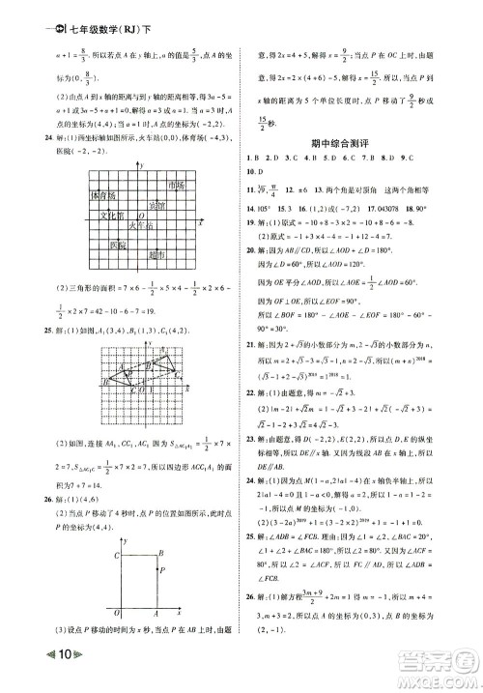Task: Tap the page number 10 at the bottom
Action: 65,674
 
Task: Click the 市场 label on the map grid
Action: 175,185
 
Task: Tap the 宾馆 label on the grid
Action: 156,205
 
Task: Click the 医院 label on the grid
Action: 118,245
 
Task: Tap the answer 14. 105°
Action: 264,207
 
